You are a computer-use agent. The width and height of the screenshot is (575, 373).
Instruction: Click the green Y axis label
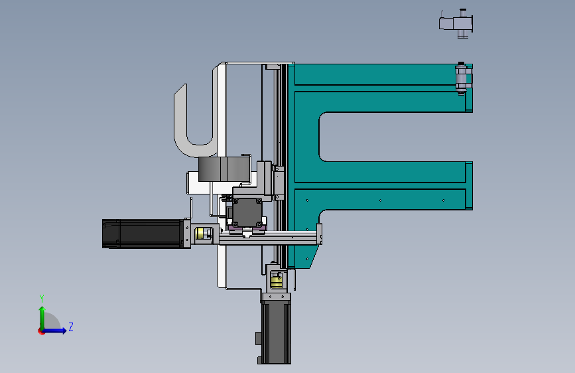pyautogui.click(x=42, y=298)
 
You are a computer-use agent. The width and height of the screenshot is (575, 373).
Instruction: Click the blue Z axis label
pyautogui.click(x=71, y=327)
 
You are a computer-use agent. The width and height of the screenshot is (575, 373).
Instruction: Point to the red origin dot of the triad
pyautogui.click(x=41, y=331)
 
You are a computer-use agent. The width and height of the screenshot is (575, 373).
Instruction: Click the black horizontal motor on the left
pyautogui.click(x=143, y=234)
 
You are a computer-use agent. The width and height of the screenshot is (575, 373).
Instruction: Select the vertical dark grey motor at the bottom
pyautogui.click(x=276, y=333)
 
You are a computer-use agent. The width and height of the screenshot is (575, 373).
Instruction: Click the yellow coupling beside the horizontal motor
pyautogui.click(x=200, y=234)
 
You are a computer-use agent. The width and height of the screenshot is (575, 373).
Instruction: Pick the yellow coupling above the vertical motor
pyautogui.click(x=276, y=281)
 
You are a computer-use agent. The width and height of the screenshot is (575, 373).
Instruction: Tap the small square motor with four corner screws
pyautogui.click(x=247, y=212)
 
